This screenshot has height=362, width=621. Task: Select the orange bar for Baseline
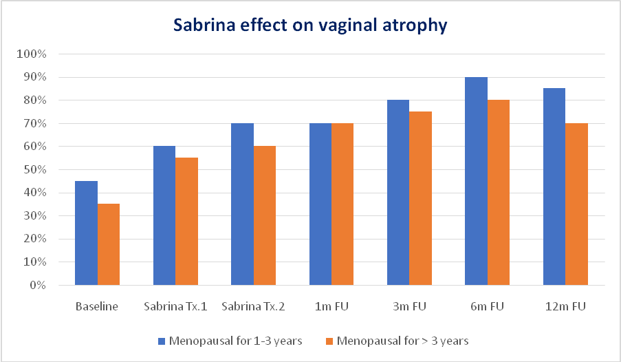(108, 244)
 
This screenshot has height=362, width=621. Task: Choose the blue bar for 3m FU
(398, 192)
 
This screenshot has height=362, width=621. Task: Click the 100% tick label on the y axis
(32, 54)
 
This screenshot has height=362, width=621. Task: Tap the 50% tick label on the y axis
(34, 170)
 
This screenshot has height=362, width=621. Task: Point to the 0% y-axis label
(36, 286)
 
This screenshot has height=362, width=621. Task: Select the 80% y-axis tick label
(34, 100)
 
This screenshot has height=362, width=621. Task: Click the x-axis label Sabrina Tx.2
(253, 306)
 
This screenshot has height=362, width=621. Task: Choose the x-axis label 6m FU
(487, 306)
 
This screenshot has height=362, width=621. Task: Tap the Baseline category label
(97, 306)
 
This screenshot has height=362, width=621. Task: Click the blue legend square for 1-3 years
(162, 341)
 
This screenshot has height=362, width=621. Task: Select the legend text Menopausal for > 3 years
(403, 341)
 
